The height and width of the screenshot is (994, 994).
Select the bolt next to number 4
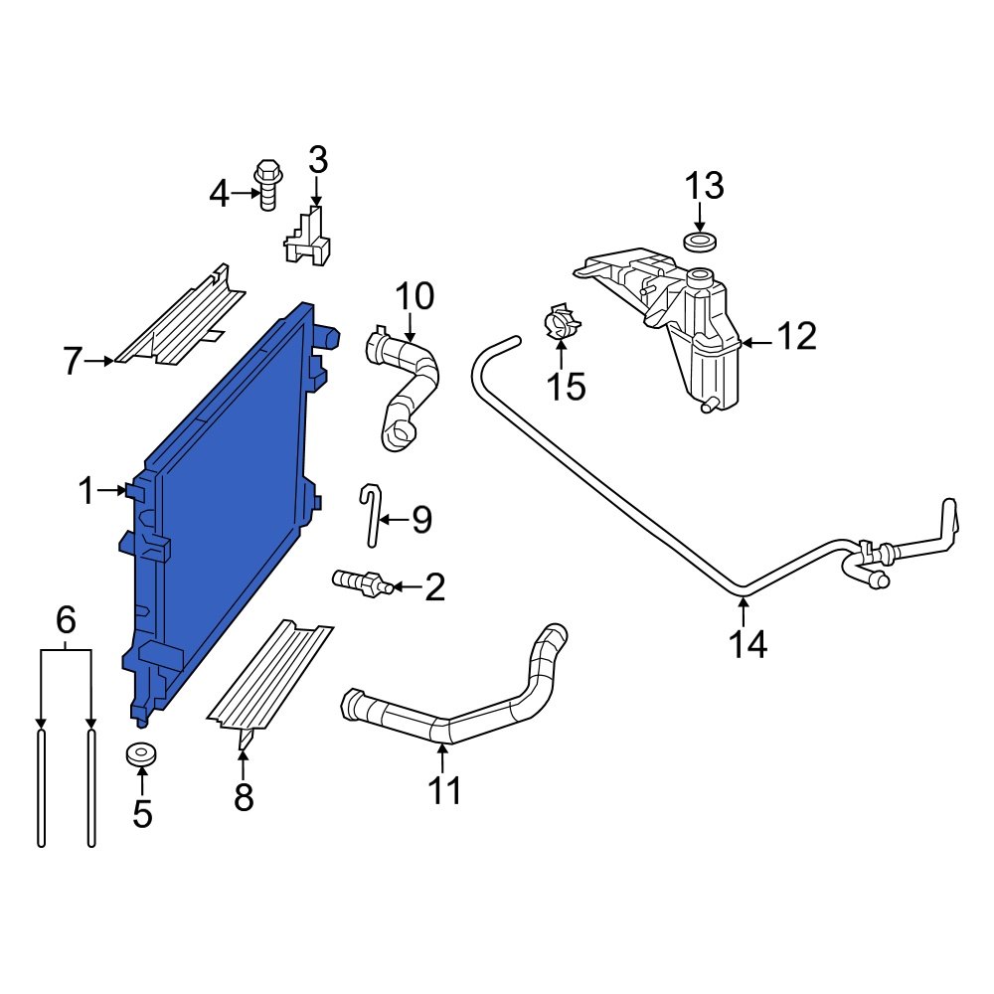267,184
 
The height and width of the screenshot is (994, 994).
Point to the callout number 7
72,362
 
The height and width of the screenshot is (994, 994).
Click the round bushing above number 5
143,754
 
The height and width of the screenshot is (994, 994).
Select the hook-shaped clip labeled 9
372,514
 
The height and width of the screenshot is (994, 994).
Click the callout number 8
244,796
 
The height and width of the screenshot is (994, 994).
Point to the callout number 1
86,490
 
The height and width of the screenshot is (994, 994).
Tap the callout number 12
796,337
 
